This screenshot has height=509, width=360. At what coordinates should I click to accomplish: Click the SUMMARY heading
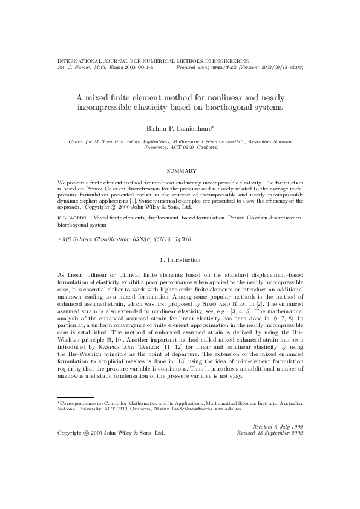click(180, 170)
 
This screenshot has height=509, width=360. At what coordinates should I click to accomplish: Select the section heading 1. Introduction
click(180, 259)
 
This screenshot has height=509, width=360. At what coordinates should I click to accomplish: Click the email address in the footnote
click(198, 409)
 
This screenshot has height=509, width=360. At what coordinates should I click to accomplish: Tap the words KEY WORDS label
click(72, 216)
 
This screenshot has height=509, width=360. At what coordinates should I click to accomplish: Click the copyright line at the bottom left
click(111, 433)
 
